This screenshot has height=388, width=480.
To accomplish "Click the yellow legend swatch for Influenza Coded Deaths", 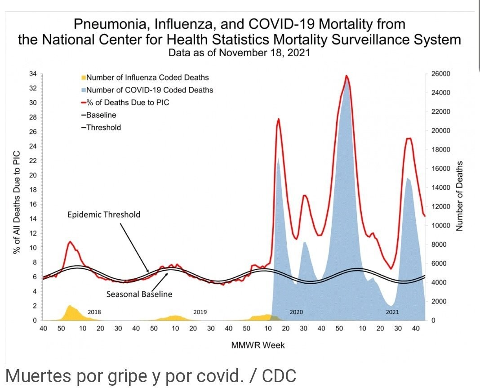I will pyautogui.click(x=84, y=78).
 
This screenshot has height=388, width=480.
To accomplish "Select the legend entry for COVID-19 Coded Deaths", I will pyautogui.click(x=149, y=90).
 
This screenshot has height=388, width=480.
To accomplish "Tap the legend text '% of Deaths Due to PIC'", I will pyautogui.click(x=128, y=103).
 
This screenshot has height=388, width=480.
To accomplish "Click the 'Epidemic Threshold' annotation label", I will pyautogui.click(x=104, y=214).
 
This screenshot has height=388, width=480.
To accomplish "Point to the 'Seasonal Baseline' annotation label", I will pyautogui.click(x=139, y=294).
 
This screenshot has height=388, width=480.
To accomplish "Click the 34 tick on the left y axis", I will pyautogui.click(x=33, y=74).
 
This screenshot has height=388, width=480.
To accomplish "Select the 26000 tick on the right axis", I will pyautogui.click(x=440, y=74).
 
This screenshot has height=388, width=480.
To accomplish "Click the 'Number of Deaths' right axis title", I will pyautogui.click(x=459, y=197).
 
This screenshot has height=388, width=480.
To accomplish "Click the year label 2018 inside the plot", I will pyautogui.click(x=94, y=312).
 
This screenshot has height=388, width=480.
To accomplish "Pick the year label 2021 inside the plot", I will pyautogui.click(x=392, y=312).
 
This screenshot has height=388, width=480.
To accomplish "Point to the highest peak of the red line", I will pyautogui.click(x=346, y=76).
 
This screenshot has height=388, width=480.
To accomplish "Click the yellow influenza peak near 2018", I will pyautogui.click(x=70, y=306).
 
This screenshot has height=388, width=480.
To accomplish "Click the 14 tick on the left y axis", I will pyautogui.click(x=33, y=219).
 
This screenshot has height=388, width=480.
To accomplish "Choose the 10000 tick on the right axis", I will pyautogui.click(x=440, y=226).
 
